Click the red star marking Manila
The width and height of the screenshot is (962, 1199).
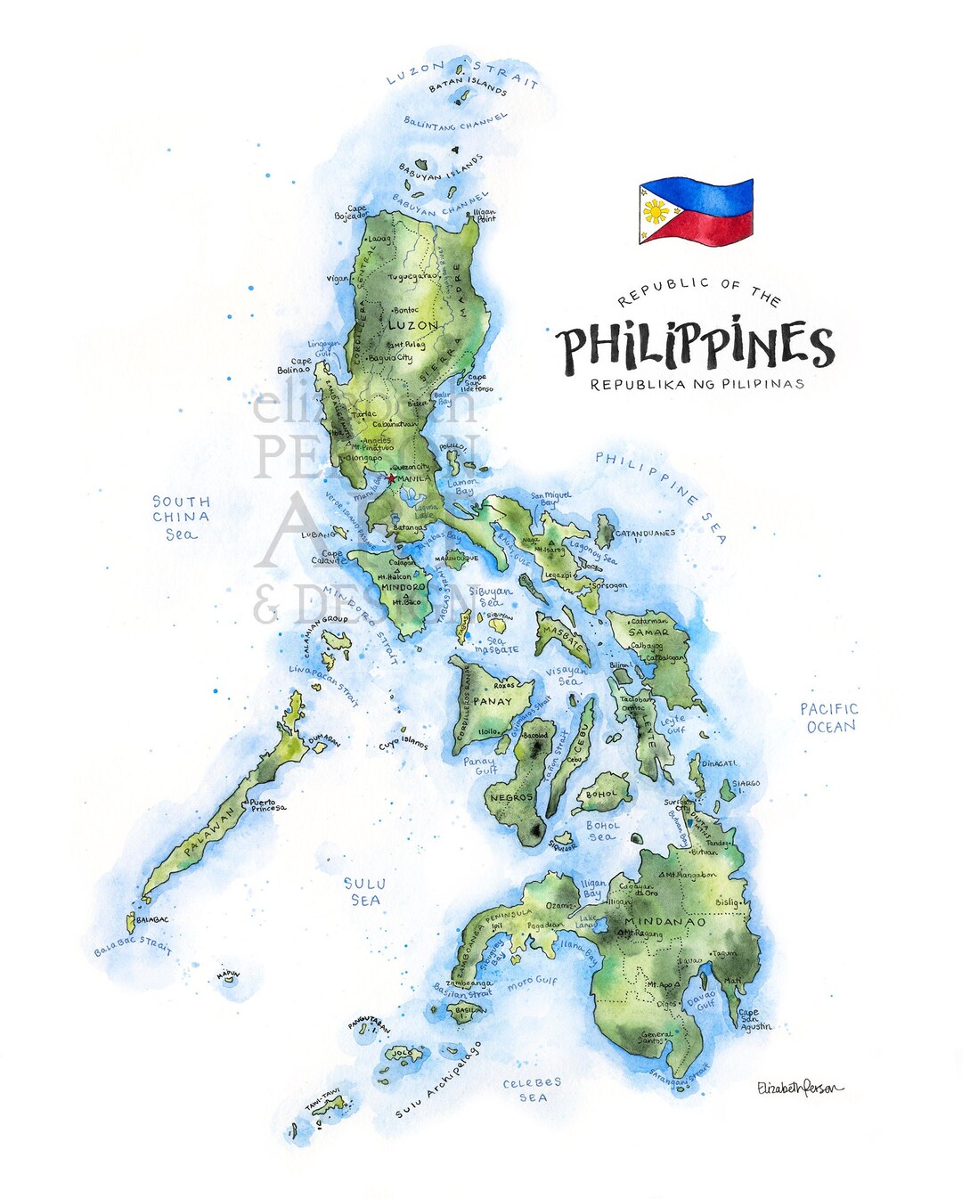coord(390,478)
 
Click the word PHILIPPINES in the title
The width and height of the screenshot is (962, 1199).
coord(696,344)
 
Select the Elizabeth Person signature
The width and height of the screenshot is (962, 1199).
coord(798,1088)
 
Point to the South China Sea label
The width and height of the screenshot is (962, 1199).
coord(181,518)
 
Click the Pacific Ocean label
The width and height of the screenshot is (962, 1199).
coord(829,717)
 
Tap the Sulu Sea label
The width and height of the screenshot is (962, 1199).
coord(365,892)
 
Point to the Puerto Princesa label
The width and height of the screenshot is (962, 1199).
coord(267,804)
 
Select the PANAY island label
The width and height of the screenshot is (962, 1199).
coord(493,702)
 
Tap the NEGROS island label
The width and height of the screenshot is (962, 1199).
coord(511,797)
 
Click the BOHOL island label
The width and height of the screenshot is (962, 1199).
coord(601,794)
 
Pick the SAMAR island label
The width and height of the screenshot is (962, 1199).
coord(648,632)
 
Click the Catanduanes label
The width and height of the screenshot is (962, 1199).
coord(646,534)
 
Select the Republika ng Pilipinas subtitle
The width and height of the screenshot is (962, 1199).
coord(697,385)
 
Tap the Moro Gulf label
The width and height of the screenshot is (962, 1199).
coord(532,983)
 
